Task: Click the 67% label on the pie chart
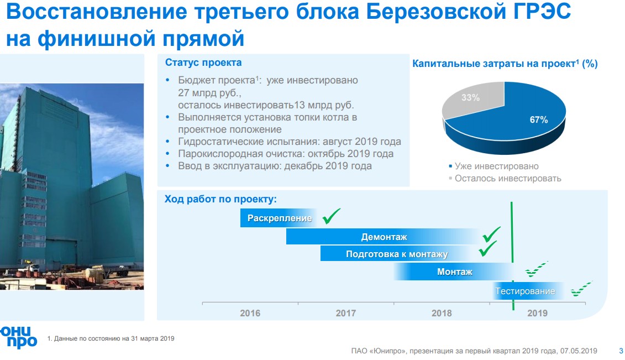tap(538, 119)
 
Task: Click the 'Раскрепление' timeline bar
tap(279, 218)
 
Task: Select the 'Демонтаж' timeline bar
tap(384, 237)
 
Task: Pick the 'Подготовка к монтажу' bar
tap(397, 254)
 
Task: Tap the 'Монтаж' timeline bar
tap(454, 272)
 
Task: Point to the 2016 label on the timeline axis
tap(250, 313)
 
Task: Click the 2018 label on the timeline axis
tap(442, 313)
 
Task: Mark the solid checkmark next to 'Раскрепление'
tap(331, 216)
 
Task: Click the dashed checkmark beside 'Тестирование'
tap(581, 289)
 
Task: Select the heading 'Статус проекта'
tap(203, 62)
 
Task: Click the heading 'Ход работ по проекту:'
tap(220, 199)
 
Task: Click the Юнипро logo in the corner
tap(18, 337)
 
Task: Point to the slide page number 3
tap(621, 351)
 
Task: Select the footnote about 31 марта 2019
tap(111, 338)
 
